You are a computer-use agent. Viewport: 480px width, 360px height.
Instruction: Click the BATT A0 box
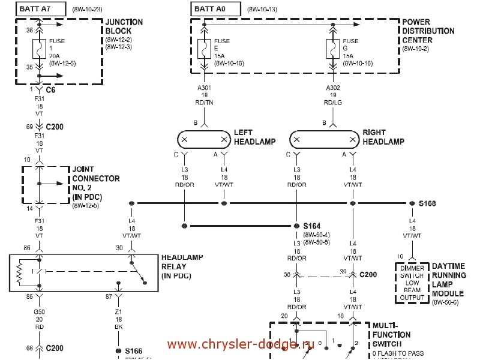point(216,10)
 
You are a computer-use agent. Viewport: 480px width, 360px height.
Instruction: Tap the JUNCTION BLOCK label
point(124,26)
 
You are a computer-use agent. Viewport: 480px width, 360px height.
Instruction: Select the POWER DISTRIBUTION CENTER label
point(428,31)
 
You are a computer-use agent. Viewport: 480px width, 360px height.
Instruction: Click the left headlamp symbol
point(204,140)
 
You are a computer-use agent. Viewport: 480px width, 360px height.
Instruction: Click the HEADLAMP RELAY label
point(182,267)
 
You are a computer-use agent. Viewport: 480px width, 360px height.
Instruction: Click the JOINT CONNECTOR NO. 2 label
point(96,182)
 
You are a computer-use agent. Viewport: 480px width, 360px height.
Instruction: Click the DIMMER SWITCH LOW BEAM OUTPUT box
point(412,283)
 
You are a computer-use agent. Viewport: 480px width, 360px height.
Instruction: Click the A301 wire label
point(205,87)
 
